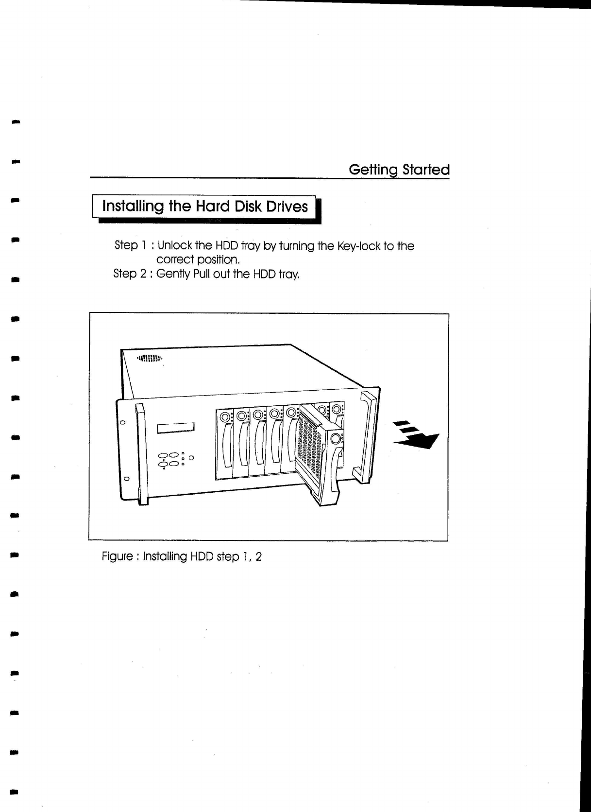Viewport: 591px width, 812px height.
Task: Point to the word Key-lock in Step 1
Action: (x=358, y=246)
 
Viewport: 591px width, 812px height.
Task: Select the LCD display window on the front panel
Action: (x=175, y=428)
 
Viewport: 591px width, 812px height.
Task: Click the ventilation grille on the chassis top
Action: (x=149, y=359)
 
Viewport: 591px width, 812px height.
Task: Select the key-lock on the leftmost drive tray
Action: (x=225, y=417)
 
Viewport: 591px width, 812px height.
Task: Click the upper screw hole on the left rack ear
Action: (x=123, y=422)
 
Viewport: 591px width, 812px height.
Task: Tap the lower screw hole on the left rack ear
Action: (x=126, y=478)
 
